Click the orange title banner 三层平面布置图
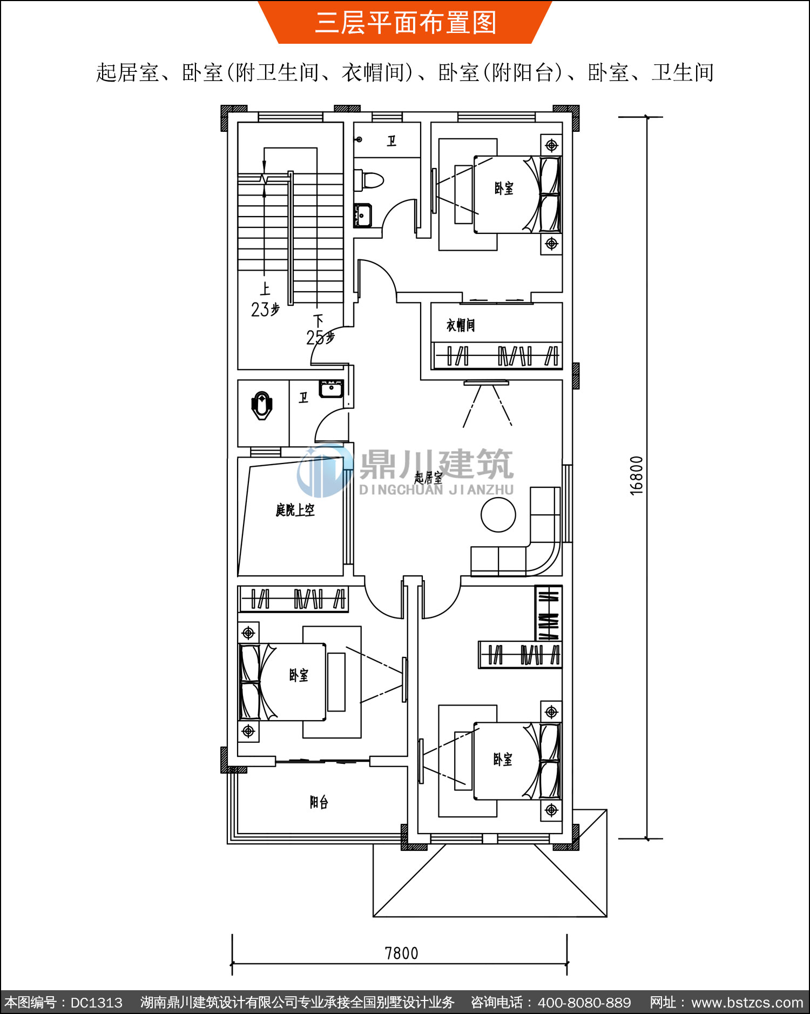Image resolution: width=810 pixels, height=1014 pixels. (405, 22)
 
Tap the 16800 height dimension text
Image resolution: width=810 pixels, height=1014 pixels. (637, 475)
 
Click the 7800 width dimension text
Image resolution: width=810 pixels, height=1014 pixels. (401, 953)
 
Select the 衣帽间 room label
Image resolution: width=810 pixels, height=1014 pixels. (461, 325)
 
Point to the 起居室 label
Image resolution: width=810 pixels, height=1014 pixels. (428, 478)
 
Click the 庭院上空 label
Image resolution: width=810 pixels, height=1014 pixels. (295, 509)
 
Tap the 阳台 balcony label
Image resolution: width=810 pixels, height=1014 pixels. (319, 802)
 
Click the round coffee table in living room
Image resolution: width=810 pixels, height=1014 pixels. (498, 515)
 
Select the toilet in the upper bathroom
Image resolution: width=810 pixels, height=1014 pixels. (369, 180)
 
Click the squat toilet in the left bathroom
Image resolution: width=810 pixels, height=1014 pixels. (262, 406)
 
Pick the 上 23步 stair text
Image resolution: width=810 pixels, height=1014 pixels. (265, 300)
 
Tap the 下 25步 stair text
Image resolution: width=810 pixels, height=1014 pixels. (320, 330)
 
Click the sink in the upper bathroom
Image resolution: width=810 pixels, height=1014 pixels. (363, 216)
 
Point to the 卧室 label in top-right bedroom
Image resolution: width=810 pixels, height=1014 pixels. (504, 188)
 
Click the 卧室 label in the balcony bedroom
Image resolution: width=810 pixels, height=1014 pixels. (299, 675)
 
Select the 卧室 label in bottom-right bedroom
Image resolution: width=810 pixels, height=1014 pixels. (503, 760)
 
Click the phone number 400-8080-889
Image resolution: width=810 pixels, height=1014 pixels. (584, 1003)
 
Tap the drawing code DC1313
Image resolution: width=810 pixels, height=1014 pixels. (97, 1003)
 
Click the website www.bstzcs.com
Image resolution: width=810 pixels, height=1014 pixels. (747, 1003)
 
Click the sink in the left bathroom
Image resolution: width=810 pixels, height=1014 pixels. (331, 388)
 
